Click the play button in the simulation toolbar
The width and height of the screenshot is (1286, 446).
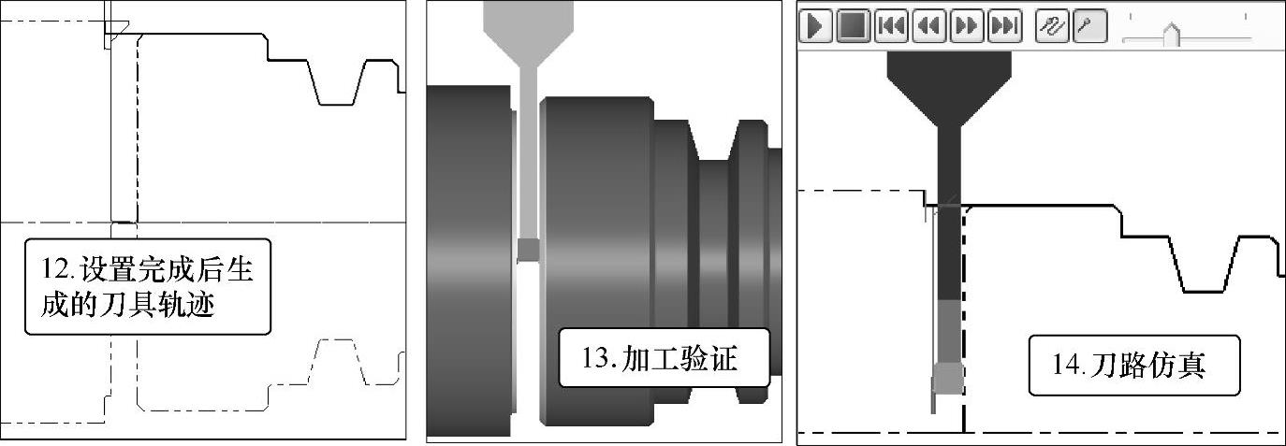(x=815, y=26)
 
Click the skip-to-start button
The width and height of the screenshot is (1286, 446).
(x=891, y=26)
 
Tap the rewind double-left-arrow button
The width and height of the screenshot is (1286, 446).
(x=928, y=26)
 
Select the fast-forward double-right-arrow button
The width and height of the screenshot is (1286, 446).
(x=967, y=26)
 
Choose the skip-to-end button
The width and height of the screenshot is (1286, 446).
(x=1004, y=26)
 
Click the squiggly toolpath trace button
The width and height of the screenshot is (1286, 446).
(x=1052, y=26)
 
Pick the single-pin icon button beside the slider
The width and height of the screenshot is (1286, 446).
(x=1089, y=26)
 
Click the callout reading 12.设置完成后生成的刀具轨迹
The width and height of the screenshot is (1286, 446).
(x=148, y=287)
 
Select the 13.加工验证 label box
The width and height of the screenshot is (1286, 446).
(x=664, y=358)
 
